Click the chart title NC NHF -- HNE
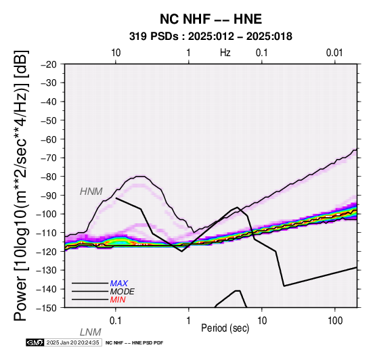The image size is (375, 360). click(211, 19)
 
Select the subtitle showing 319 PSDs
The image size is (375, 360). click(211, 37)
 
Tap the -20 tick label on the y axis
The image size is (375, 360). click(49, 64)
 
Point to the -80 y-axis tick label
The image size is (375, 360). click(49, 177)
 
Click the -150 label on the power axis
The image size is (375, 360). click(47, 308)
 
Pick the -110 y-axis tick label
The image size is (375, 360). click(47, 233)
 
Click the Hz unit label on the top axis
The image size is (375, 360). click(225, 52)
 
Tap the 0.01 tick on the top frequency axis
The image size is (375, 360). click(334, 53)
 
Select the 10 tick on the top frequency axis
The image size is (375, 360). click(116, 53)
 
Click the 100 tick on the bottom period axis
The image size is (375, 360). click(335, 321)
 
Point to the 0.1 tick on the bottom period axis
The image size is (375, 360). click(116, 321)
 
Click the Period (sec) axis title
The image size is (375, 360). click(225, 328)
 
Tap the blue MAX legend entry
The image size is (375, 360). click(119, 284)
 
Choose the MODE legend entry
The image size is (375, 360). click(123, 292)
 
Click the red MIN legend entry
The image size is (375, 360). click(118, 300)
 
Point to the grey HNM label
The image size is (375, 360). click(91, 192)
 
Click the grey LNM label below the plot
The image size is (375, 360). click(91, 332)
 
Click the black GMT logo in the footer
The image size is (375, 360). click(35, 342)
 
